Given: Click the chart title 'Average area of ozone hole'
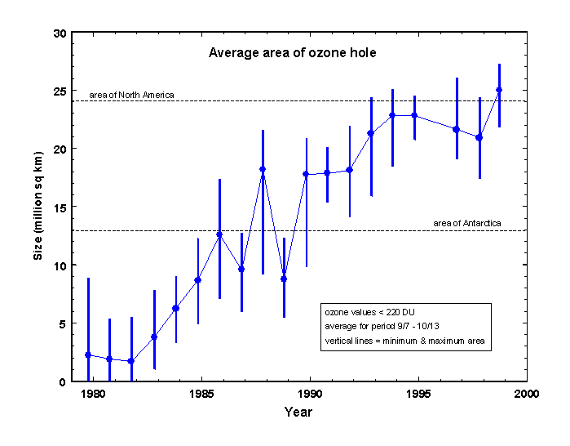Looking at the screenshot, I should click(292, 53).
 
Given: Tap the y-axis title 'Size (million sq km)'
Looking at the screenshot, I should click(38, 207).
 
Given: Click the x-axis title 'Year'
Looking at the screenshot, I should click(298, 413).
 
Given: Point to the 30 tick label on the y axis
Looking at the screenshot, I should click(59, 33).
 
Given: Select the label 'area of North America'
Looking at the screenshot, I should click(131, 95).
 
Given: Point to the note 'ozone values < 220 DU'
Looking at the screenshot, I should click(366, 313).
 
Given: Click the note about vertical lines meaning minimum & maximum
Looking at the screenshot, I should click(405, 342).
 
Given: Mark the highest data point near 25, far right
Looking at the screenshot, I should click(499, 90).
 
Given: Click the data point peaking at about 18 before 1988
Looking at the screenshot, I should click(263, 169).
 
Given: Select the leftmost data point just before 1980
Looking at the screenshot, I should click(88, 355).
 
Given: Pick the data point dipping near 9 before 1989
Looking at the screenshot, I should click(284, 279).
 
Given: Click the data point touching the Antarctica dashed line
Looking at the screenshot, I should click(219, 234).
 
